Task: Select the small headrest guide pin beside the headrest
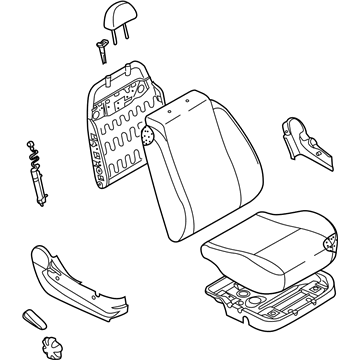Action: pos(100,44)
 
